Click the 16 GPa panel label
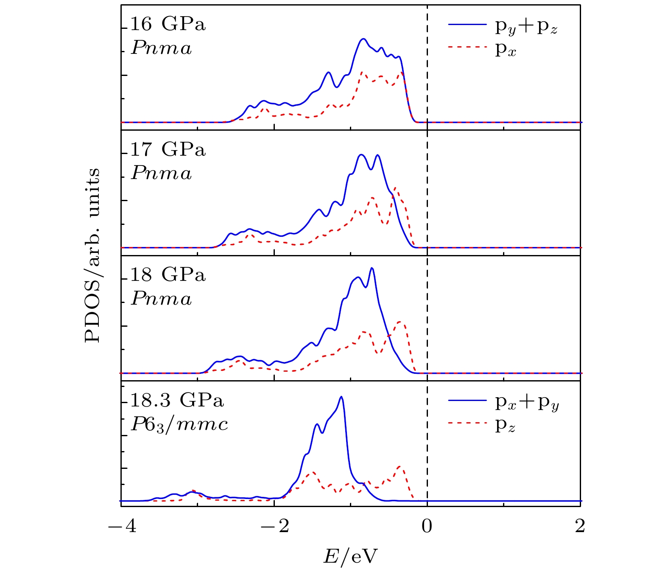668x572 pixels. click(168, 24)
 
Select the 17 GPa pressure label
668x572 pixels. click(168, 149)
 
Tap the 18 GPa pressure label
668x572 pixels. click(168, 275)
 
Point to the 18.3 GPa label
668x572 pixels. click(176, 400)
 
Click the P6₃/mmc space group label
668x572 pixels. click(179, 424)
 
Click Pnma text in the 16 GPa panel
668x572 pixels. click(161, 48)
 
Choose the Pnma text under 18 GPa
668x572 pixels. click(161, 299)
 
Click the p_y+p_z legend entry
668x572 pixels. click(526, 27)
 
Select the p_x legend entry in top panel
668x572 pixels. click(506, 50)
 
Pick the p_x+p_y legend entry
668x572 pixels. click(527, 403)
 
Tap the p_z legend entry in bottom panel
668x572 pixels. click(505, 426)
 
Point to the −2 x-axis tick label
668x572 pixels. click(274, 526)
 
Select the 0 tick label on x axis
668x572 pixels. click(427, 526)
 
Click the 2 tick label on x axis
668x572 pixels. click(579, 526)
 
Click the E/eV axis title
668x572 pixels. click(350, 556)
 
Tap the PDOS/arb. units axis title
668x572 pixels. click(92, 255)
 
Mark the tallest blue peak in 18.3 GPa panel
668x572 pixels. click(341, 397)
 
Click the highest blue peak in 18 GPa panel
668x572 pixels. click(372, 268)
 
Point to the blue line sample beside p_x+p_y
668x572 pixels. click(467, 400)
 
